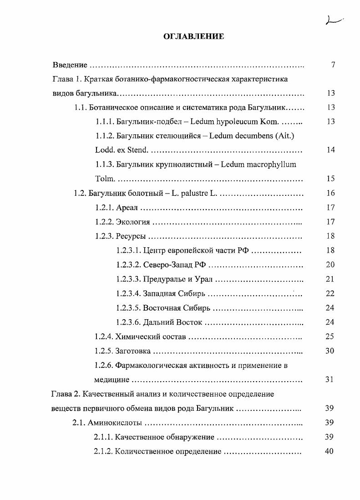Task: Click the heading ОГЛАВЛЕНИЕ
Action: [193, 36]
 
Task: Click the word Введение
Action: [69, 65]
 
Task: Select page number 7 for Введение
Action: [333, 65]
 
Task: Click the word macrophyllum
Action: [270, 164]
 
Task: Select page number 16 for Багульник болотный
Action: [330, 193]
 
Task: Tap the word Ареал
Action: [127, 208]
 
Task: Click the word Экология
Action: [133, 222]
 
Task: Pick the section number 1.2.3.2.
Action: [128, 265]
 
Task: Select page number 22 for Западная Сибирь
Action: [330, 294]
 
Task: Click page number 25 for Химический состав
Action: [330, 337]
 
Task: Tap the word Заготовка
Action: [133, 351]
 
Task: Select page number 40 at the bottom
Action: [330, 451]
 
